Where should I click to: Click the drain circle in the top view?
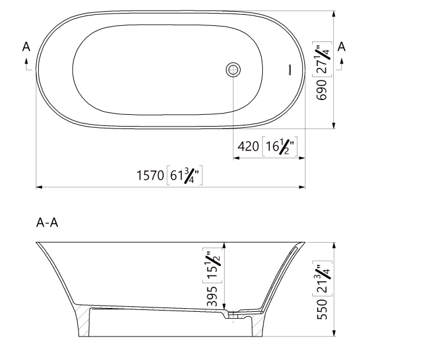(233, 69)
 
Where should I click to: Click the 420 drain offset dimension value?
(247, 147)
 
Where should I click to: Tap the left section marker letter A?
(27, 46)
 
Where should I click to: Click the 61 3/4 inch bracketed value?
(185, 176)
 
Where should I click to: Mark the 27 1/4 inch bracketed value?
(322, 59)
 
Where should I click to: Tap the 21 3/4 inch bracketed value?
(322, 278)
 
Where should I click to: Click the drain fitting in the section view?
(233, 316)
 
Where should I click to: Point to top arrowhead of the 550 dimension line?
(334, 245)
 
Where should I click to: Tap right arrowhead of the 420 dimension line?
(302, 158)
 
